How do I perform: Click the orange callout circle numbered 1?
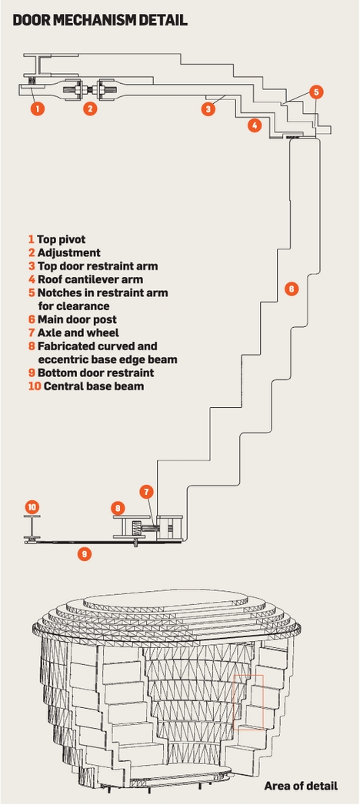[37, 109]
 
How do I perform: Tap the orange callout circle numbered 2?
[90, 109]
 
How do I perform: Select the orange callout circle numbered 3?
[208, 109]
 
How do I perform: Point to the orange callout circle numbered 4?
[255, 125]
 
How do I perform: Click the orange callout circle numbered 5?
[316, 92]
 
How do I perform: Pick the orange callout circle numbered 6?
[291, 289]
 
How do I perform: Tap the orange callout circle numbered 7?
[146, 492]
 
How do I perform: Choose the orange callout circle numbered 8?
[118, 508]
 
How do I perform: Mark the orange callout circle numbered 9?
[84, 554]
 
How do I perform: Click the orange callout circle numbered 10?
[32, 508]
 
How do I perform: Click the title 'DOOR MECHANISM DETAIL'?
[100, 20]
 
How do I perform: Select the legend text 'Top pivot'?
[61, 240]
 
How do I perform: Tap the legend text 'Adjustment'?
[68, 253]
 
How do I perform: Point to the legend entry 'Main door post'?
[77, 319]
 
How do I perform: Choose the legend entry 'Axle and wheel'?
[78, 332]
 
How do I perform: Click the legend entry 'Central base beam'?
[94, 386]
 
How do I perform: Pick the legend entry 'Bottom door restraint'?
[96, 372]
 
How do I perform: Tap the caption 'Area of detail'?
[301, 786]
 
